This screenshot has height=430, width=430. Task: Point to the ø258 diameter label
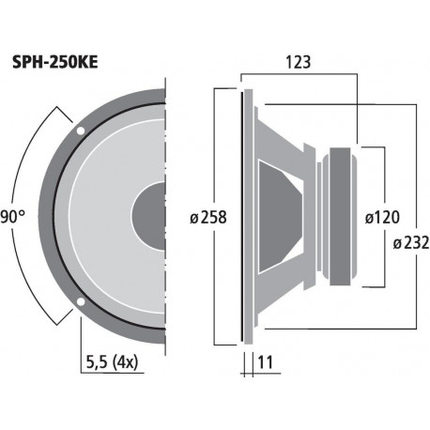tap(207, 217)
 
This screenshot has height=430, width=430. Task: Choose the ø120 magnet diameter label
tap(381, 217)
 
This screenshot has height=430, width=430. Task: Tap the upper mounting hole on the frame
tap(82, 130)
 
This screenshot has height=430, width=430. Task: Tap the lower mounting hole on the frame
tap(82, 302)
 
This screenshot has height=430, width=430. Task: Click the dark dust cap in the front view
tap(150, 216)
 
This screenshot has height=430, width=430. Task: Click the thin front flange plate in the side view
tap(247, 216)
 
